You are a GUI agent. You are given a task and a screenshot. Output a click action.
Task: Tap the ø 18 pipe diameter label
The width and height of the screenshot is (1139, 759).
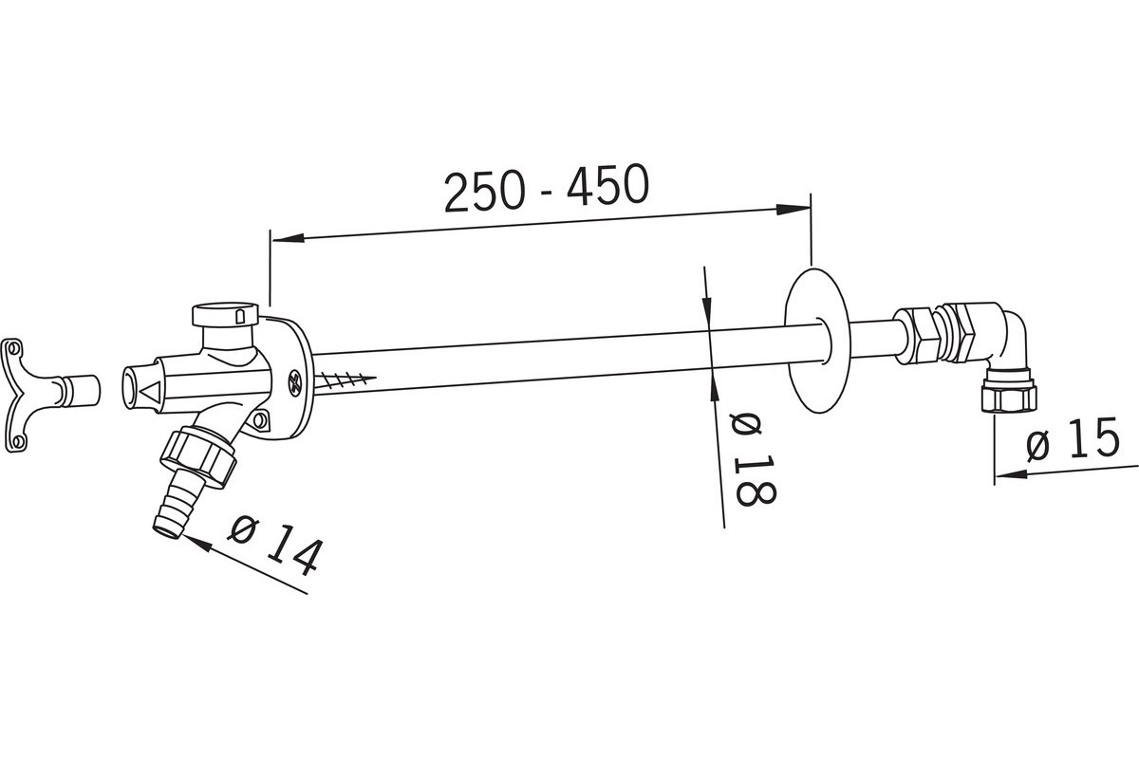pyautogui.click(x=753, y=458)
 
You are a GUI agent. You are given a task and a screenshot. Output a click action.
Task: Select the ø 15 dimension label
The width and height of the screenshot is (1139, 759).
pyautogui.click(x=1073, y=440)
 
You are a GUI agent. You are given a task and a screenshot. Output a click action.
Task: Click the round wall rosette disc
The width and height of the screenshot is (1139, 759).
pyautogui.click(x=817, y=340)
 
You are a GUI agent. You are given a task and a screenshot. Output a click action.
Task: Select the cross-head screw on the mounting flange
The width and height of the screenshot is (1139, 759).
pyautogui.click(x=294, y=381)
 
